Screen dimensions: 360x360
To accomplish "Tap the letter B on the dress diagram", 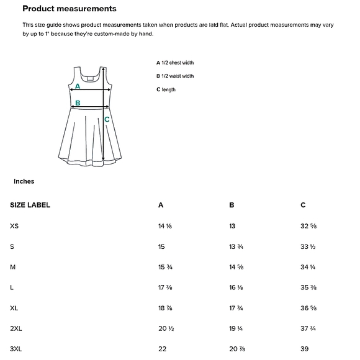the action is (x=78, y=103).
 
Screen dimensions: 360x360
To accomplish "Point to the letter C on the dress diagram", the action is (x=107, y=119).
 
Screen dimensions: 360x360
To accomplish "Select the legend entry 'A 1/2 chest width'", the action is (x=175, y=63).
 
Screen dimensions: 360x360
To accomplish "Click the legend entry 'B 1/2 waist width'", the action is (x=175, y=76).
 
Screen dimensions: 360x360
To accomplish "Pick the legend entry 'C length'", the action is (x=166, y=90).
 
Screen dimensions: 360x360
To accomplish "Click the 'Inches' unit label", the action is (x=24, y=182).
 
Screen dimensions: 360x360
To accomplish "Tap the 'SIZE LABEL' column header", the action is (x=30, y=205).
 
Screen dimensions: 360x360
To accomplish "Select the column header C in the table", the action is (x=303, y=205).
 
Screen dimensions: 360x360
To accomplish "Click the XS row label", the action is (x=14, y=226).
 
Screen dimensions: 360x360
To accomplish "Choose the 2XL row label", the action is (x=16, y=328).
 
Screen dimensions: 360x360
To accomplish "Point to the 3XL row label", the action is (x=16, y=349).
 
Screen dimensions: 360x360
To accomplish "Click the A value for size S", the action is (x=161, y=246).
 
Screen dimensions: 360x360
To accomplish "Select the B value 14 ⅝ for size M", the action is (x=236, y=267).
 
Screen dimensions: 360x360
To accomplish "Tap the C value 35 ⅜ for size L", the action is (x=309, y=287).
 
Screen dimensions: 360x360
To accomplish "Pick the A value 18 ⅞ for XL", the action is (x=165, y=308).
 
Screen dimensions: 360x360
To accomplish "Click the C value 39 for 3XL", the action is (x=305, y=349).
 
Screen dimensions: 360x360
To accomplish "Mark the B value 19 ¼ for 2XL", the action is (x=236, y=328).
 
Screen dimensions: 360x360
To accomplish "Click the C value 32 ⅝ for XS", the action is (x=309, y=226).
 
